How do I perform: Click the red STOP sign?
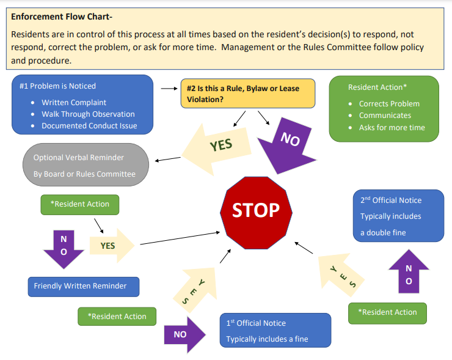click(256, 210)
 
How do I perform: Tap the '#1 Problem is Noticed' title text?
click(57, 86)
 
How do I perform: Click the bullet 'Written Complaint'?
click(74, 103)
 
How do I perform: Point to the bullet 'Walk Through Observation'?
click(88, 114)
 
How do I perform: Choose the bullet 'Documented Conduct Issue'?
click(89, 126)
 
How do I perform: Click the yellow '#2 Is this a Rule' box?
click(247, 94)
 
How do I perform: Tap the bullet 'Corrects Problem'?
click(389, 104)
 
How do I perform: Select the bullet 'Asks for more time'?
click(392, 128)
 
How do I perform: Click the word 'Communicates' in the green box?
click(385, 116)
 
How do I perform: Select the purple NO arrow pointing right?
click(185, 334)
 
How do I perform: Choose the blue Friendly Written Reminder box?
click(83, 286)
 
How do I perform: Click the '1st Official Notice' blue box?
click(275, 331)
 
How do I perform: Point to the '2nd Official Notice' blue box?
click(398, 216)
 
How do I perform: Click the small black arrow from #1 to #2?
click(169, 88)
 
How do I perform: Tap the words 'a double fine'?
click(383, 232)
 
